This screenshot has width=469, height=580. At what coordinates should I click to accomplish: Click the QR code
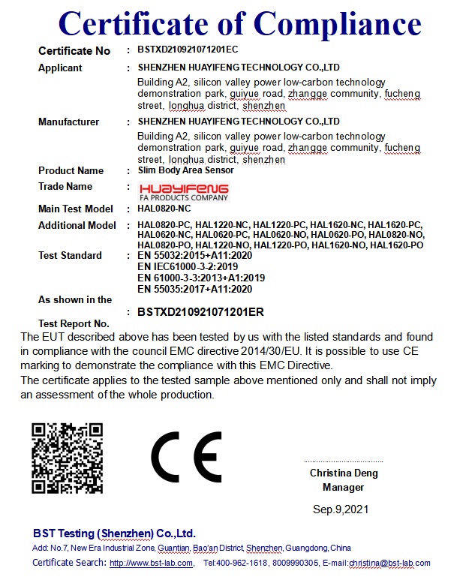67,458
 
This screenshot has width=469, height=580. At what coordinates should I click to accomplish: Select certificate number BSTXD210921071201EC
188,50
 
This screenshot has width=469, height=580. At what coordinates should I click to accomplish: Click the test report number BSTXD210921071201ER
200,311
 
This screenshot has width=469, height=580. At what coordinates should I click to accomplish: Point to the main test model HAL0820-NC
164,209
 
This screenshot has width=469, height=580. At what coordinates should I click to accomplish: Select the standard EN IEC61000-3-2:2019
188,266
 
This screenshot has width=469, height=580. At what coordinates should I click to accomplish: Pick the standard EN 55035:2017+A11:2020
195,289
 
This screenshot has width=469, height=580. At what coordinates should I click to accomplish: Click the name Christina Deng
344,473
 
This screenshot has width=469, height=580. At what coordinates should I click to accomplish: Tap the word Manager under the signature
344,488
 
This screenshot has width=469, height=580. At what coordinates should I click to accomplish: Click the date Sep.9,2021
341,510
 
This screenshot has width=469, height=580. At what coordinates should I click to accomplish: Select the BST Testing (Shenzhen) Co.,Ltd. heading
114,533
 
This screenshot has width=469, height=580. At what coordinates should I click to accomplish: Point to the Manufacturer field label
68,122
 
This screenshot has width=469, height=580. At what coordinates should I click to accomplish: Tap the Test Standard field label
70,256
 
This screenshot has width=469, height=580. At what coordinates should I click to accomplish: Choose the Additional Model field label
77,225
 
